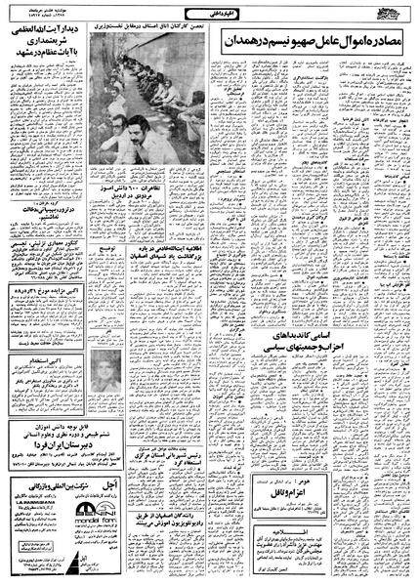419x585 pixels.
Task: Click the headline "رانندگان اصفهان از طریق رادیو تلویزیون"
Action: pos(200,519)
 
